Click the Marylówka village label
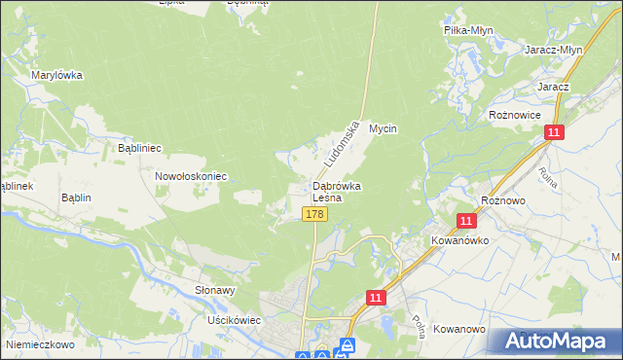pyautogui.click(x=56, y=75)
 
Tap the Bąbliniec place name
pyautogui.click(x=139, y=148)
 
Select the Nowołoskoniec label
pyautogui.click(x=191, y=176)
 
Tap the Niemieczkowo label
pyautogui.click(x=39, y=343)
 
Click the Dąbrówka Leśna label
pyautogui.click(x=337, y=191)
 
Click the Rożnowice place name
pyautogui.click(x=515, y=114)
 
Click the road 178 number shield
pyautogui.click(x=312, y=214)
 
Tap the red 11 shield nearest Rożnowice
pyautogui.click(x=553, y=133)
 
